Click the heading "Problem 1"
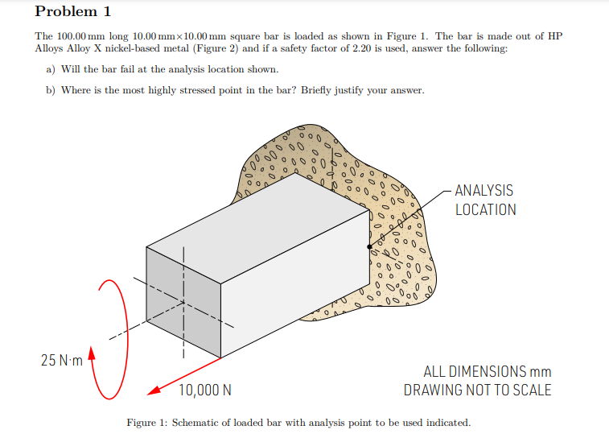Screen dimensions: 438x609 click(73, 12)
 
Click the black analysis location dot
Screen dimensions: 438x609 click(369, 246)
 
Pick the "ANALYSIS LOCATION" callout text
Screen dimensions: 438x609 click(485, 200)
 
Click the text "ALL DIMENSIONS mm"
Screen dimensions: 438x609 click(487, 371)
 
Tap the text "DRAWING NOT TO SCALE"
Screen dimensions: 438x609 click(478, 390)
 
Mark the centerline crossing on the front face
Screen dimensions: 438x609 click(183, 302)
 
